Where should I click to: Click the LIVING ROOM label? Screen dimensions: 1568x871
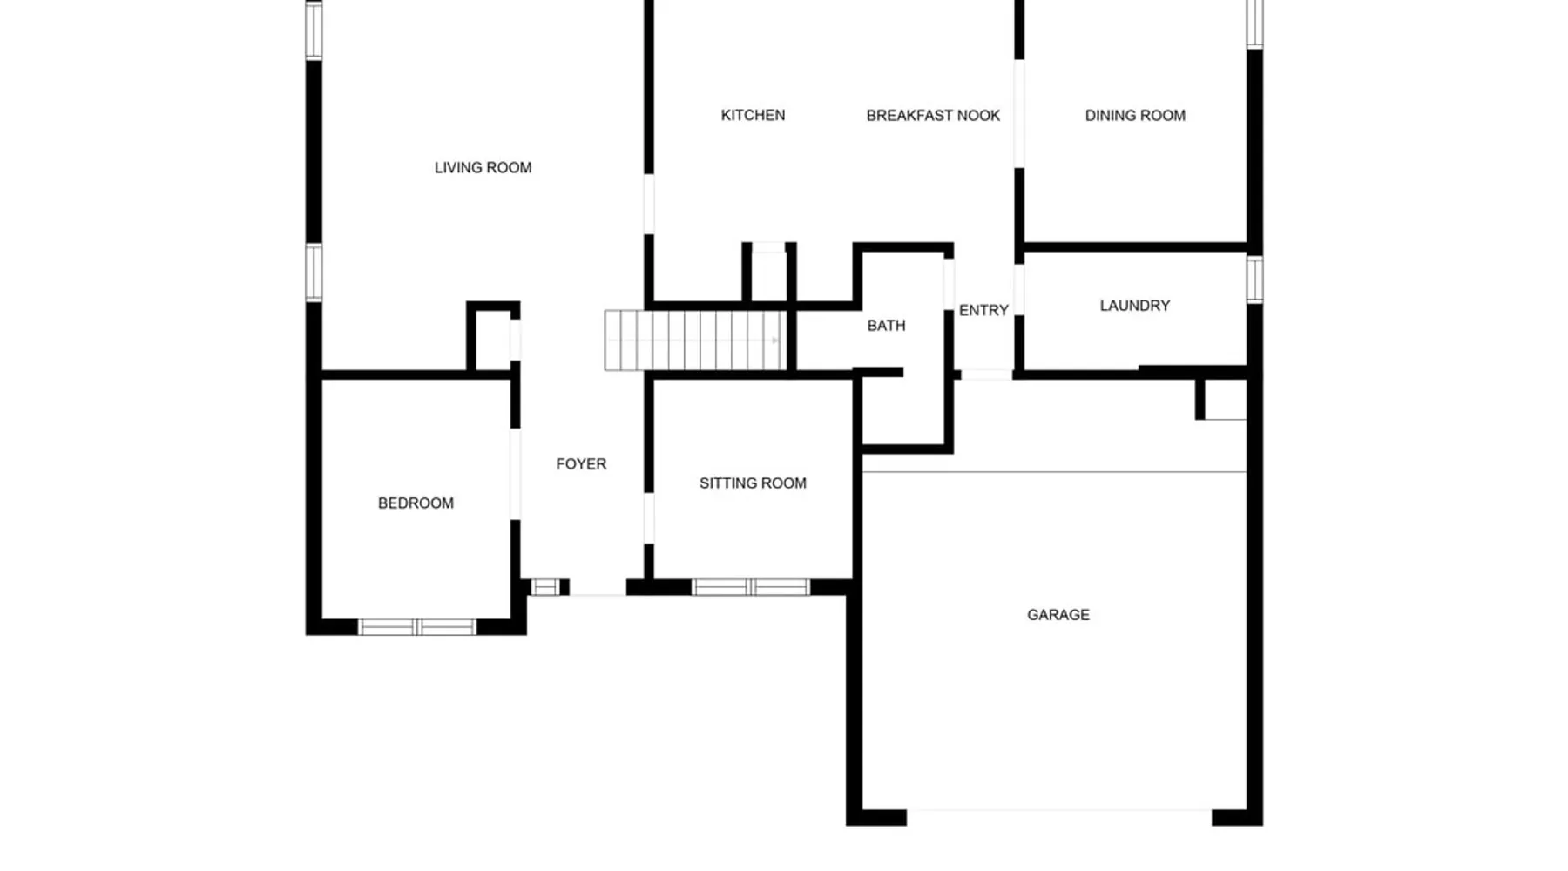point(483,167)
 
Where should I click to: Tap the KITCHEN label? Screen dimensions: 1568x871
point(753,115)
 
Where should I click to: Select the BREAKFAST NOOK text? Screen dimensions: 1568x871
point(933,115)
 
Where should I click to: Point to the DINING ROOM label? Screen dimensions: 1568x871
point(1135,115)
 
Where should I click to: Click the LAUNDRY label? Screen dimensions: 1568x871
point(1134,306)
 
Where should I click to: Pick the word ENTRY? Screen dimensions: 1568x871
point(983,310)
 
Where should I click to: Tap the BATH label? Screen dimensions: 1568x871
point(886,326)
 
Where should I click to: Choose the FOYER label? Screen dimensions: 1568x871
point(581,464)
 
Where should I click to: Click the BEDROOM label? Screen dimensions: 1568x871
point(416,503)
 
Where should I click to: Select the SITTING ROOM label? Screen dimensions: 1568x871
point(753,483)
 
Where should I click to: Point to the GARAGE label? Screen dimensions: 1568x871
point(1058,615)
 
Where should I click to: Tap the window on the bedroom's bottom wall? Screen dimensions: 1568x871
point(417,627)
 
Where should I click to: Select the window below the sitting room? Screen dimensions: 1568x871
point(751,587)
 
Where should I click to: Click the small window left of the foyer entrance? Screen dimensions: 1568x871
point(545,587)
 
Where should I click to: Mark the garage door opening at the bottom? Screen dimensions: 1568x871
point(1059,817)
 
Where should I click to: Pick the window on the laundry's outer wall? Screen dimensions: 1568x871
point(1254,280)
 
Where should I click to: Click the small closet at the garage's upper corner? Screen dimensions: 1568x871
point(1223,400)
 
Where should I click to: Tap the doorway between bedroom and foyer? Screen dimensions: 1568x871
point(516,474)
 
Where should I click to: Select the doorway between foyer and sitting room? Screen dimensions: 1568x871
point(649,518)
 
